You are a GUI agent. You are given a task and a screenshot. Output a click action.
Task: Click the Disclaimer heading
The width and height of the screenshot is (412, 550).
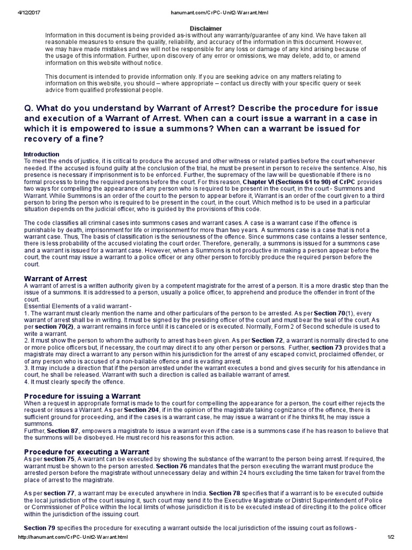(x=206, y=28)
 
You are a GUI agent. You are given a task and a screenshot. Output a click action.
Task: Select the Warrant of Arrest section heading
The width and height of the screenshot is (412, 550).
(x=56, y=278)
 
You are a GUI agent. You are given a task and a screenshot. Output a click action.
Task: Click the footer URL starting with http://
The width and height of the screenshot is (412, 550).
(x=74, y=537)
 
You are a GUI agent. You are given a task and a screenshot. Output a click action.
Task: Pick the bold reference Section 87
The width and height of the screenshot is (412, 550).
(x=58, y=431)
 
